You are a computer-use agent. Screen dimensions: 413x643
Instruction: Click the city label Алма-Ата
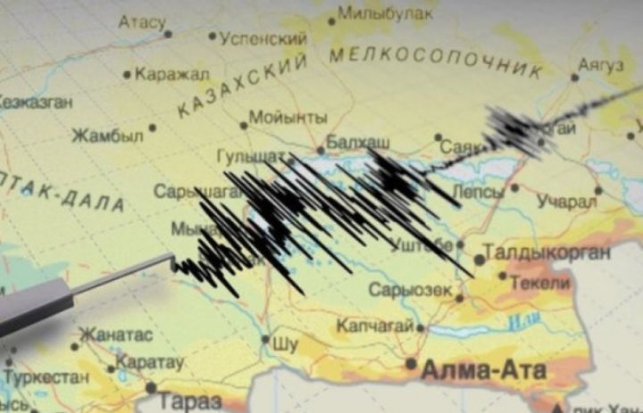tap(482, 368)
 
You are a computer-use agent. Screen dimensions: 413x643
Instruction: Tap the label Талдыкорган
tap(547, 252)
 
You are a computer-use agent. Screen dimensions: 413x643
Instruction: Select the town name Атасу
tap(142, 21)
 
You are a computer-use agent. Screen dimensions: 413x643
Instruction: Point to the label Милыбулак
tap(385, 15)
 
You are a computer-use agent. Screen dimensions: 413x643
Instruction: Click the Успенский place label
tap(263, 39)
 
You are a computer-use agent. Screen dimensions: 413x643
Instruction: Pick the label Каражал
tap(172, 74)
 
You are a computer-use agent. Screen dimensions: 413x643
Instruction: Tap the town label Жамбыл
tap(107, 136)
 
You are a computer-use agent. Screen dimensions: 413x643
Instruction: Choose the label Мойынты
tap(288, 118)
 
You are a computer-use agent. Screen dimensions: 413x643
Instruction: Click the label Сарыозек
tap(412, 291)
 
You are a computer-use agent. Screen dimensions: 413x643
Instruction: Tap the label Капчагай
tap(374, 326)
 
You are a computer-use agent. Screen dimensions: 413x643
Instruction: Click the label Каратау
tap(151, 363)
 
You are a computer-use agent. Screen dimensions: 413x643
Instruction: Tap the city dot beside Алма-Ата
tap(411, 364)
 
